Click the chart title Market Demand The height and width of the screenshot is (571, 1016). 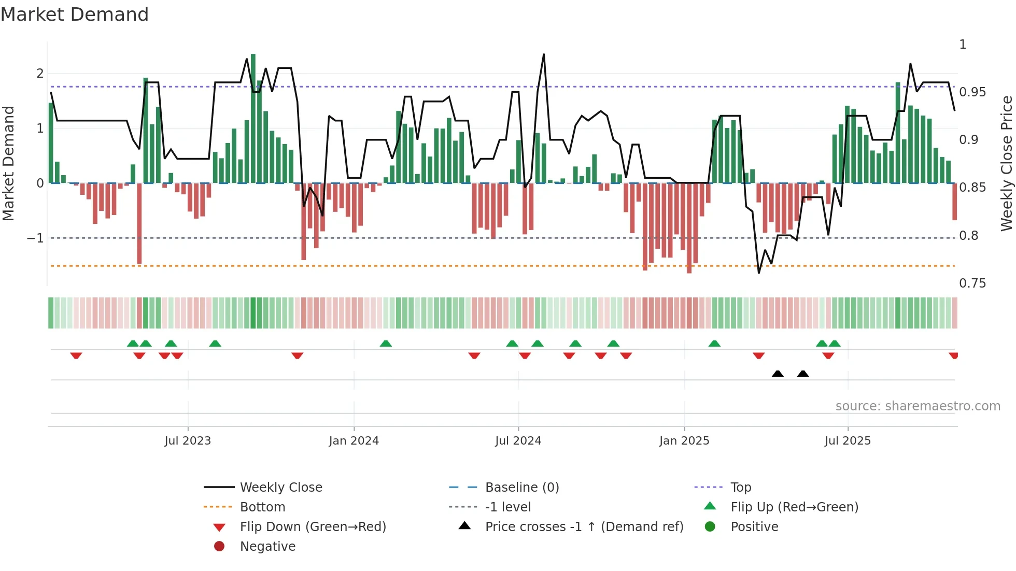point(75,15)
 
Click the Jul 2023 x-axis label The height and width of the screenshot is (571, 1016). point(188,441)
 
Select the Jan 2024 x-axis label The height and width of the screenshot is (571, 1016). point(354,441)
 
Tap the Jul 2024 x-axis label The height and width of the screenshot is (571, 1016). point(518,441)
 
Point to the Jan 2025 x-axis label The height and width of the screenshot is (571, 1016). point(684,441)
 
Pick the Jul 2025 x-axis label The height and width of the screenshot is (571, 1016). point(848,441)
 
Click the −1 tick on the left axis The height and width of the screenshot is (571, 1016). point(35,238)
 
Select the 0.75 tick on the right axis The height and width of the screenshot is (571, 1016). point(972,283)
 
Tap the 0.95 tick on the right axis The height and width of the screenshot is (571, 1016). point(972,92)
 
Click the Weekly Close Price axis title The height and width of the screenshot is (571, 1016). point(1006,163)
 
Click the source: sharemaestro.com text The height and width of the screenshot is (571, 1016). point(918,406)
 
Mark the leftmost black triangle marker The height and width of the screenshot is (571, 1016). point(778,374)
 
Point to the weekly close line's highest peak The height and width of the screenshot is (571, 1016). point(544,54)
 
